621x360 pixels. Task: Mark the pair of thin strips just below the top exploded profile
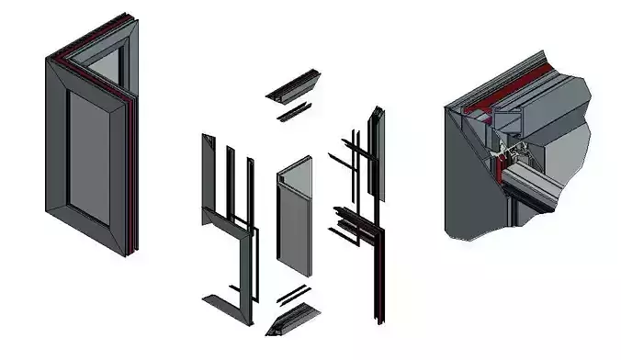pos(294,113)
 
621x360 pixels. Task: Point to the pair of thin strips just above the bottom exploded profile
pos(292,295)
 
